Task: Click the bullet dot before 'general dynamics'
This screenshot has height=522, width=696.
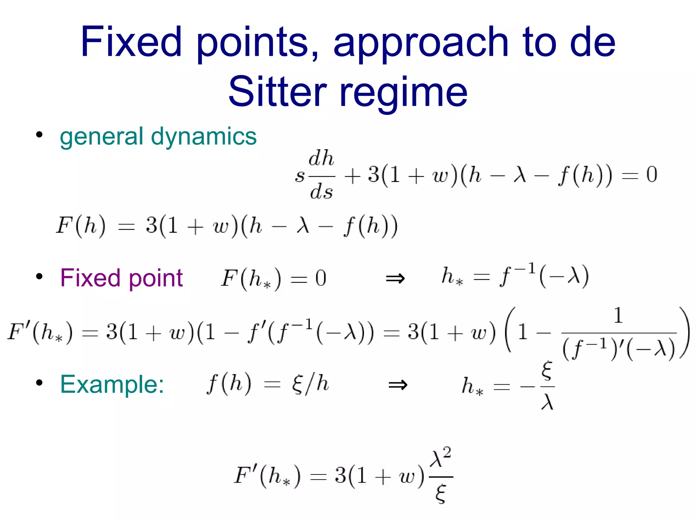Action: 39,135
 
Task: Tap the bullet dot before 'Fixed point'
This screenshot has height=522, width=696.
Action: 39,276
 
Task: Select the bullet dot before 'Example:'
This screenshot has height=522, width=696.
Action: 39,383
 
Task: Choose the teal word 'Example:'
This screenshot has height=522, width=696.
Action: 112,384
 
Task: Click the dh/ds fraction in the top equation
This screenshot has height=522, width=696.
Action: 321,175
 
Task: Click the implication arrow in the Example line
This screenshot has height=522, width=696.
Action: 398,385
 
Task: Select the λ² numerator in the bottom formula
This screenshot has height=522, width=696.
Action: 440,458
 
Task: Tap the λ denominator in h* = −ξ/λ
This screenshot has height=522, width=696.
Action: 547,402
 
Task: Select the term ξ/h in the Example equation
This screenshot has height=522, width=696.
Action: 310,384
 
